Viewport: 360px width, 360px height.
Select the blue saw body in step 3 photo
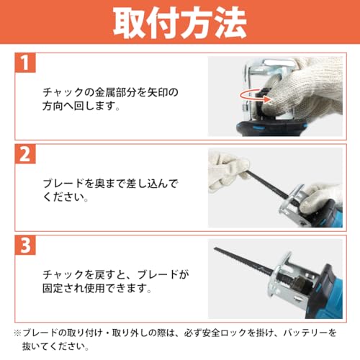[324, 288]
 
